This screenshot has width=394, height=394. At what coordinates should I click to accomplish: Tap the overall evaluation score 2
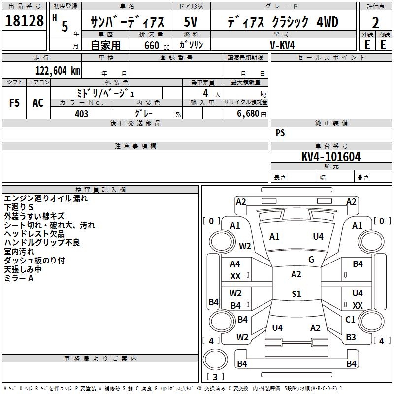[376, 22]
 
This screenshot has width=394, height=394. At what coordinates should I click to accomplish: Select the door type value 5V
[191, 22]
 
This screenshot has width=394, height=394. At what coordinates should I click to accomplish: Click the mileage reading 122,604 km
[57, 70]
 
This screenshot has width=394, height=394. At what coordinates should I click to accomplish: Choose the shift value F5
[15, 102]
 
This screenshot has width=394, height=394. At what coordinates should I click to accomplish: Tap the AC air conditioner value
[38, 102]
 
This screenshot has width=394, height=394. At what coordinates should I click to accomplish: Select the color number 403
[82, 114]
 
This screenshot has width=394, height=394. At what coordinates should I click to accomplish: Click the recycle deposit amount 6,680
[247, 114]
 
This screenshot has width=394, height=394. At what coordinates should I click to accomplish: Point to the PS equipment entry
[280, 133]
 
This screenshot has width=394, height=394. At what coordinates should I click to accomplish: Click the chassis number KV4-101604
[331, 157]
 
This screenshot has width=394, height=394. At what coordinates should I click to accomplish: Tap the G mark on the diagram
[311, 260]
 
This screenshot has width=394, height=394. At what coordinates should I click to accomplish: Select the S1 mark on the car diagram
[296, 294]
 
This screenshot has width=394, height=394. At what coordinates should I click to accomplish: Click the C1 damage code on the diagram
[350, 319]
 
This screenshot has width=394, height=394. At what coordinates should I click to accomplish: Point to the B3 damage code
[350, 337]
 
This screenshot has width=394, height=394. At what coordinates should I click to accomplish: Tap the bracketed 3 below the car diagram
[215, 377]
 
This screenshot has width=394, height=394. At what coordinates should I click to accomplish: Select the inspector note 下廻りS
[19, 207]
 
